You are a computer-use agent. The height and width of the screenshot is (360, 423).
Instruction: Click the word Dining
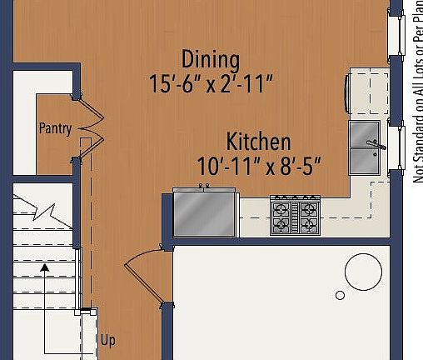tap(211, 60)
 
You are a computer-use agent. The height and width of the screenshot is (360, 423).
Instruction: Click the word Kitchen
tap(258, 141)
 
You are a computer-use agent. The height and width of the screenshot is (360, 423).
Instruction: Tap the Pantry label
tap(55, 128)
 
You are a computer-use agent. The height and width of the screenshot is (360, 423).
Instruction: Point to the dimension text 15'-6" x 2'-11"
tap(211, 84)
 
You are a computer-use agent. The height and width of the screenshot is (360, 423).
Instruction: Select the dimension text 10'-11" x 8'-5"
tap(259, 165)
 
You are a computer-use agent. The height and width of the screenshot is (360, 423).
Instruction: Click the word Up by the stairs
tap(107, 340)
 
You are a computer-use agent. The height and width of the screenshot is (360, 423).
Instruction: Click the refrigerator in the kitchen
tap(204, 213)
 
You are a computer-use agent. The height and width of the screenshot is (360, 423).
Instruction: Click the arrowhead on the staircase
tap(44, 268)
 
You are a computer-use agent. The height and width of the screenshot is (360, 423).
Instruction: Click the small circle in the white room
tap(340, 295)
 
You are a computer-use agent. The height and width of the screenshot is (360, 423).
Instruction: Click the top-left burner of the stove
tap(283, 207)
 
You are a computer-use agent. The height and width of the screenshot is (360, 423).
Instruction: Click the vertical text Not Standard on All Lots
tap(417, 92)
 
